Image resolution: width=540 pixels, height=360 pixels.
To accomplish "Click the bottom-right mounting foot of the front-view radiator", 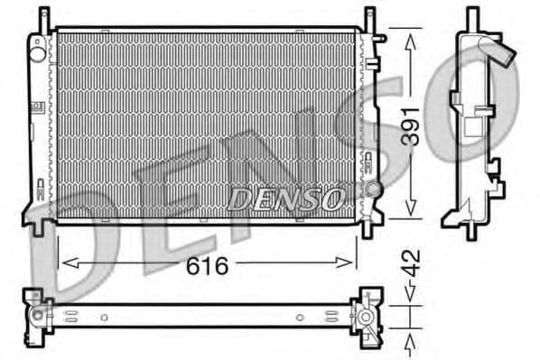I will (x=368, y=226).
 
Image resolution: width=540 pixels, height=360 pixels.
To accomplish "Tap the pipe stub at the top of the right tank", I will (x=380, y=39).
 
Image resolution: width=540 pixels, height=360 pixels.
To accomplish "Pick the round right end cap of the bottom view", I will (x=365, y=317).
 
